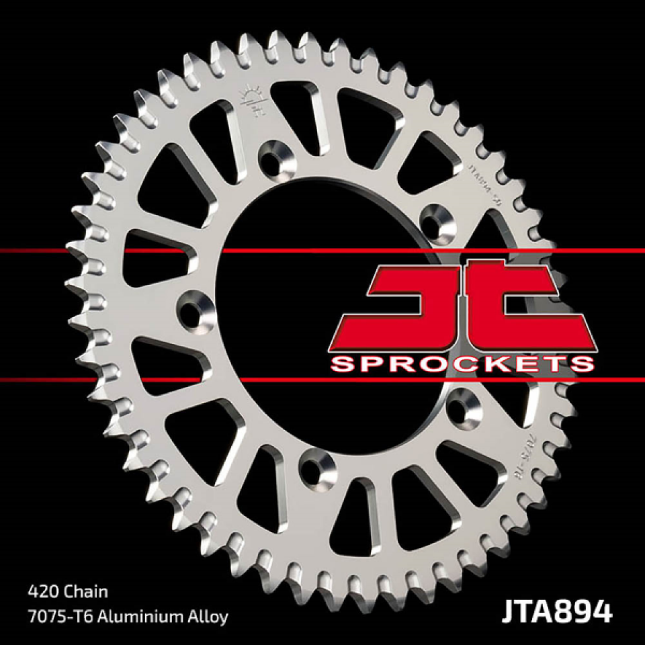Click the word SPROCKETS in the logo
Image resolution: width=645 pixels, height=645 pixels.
[x=464, y=363]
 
